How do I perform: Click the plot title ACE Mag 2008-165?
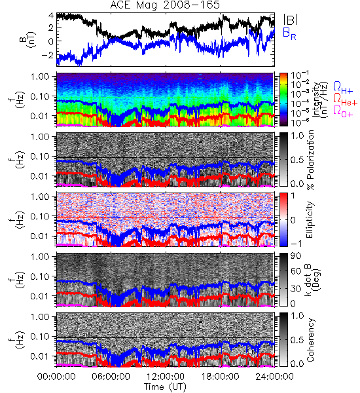[165, 5]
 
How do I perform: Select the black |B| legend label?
[291, 20]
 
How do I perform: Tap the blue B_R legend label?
[289, 33]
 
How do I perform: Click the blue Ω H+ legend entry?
[343, 88]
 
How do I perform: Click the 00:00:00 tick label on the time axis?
[56, 377]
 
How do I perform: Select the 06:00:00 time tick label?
[111, 377]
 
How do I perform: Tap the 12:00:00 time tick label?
[166, 377]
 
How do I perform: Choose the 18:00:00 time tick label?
[220, 377]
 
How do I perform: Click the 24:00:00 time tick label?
[274, 377]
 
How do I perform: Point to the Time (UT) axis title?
[165, 386]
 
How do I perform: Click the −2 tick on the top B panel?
[47, 55]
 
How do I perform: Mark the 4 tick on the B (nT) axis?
[51, 16]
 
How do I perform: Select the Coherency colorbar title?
[310, 340]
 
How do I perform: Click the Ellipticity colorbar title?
[310, 220]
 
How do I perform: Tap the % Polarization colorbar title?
[310, 160]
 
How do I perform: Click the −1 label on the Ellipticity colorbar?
[296, 244]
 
